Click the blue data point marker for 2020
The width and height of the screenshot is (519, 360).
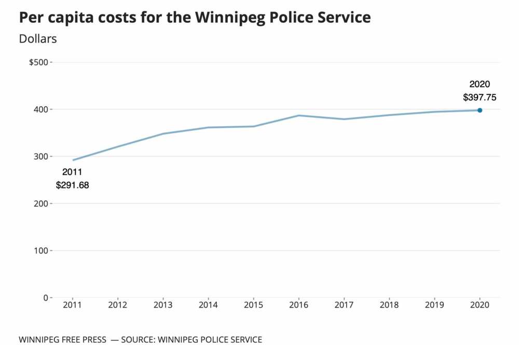click(x=480, y=110)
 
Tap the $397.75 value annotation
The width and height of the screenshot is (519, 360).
click(x=480, y=97)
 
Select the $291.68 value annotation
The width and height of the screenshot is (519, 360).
click(x=73, y=184)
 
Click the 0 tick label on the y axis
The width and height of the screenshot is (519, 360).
click(x=46, y=298)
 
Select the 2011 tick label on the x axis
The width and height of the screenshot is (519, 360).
click(x=73, y=305)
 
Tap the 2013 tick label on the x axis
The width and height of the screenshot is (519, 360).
click(x=163, y=305)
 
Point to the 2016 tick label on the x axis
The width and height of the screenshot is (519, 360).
click(x=299, y=305)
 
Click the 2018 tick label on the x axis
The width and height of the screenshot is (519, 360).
click(x=389, y=305)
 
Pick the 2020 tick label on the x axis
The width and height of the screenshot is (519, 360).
click(x=480, y=305)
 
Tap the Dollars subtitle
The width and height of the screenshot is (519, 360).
click(x=38, y=38)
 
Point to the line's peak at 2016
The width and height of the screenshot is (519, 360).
click(x=299, y=115)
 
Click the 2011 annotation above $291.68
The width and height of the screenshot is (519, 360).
click(x=73, y=171)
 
